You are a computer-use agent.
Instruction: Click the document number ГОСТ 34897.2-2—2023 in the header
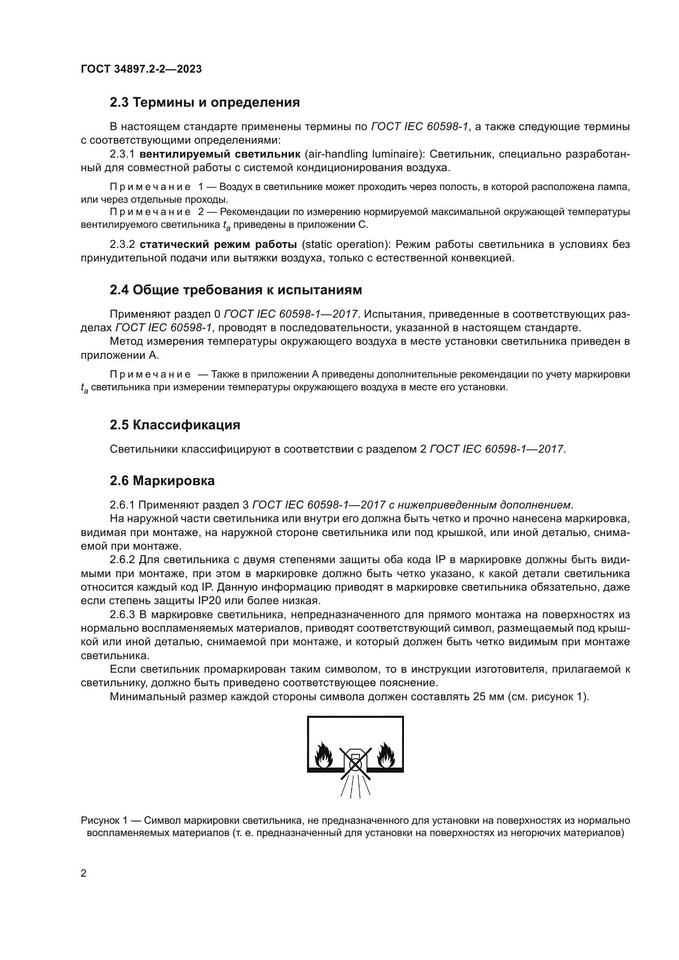[141, 69]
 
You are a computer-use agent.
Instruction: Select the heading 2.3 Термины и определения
[204, 103]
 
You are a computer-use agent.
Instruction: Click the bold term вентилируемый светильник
[220, 154]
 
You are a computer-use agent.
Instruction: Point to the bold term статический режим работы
[218, 244]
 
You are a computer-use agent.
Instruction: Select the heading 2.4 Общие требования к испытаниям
[236, 290]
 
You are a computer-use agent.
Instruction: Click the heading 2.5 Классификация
[175, 425]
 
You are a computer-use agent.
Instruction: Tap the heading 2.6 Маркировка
[162, 481]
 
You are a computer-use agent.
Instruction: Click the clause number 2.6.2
[122, 560]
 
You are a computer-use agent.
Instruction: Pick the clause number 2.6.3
[122, 615]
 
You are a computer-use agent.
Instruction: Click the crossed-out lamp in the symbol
[355, 763]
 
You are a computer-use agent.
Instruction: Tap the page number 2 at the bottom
[84, 873]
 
